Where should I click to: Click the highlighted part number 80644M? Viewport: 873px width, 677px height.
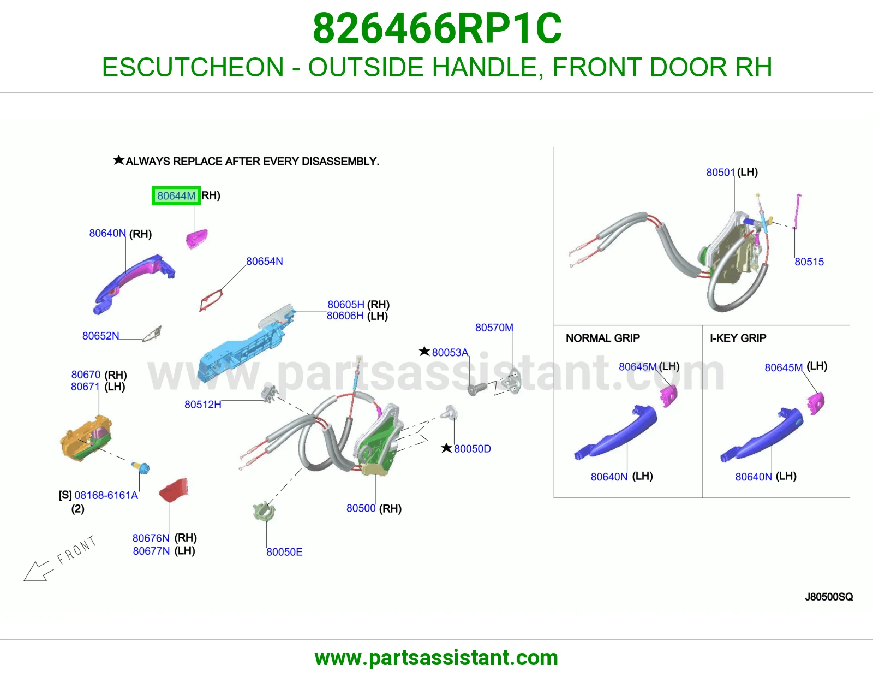[176, 196]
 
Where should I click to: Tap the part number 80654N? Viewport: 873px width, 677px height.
[264, 262]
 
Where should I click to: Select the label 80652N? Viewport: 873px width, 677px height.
[100, 336]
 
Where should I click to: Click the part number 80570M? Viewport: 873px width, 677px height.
[494, 328]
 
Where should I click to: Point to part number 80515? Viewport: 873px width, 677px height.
[809, 262]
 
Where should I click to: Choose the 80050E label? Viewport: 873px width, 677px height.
[284, 552]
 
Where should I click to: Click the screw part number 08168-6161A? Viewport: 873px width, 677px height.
[106, 495]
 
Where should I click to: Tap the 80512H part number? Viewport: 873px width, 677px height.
[203, 405]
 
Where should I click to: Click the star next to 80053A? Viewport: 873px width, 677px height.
[424, 352]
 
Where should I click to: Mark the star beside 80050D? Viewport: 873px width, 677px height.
[446, 448]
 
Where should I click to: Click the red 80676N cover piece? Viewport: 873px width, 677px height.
[174, 489]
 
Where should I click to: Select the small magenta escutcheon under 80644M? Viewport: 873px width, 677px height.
[196, 239]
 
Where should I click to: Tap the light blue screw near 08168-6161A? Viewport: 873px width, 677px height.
[141, 467]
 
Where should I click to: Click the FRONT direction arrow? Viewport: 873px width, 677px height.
[39, 571]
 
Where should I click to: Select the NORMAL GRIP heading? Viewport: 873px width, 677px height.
[602, 339]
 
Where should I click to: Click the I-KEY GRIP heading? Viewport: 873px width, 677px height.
[738, 339]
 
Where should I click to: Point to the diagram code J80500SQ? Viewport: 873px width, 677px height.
[829, 597]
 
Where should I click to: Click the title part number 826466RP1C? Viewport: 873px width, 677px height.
[437, 28]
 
